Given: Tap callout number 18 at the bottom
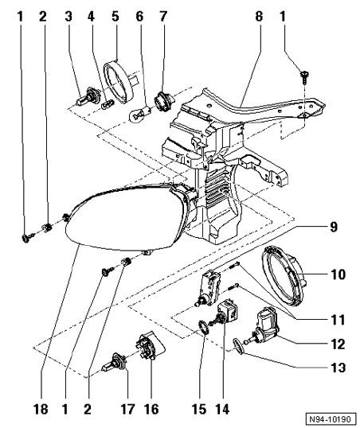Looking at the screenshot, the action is pos(41,409).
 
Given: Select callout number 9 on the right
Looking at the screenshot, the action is pos(334,227).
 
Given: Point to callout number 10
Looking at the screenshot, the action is pos(338,274).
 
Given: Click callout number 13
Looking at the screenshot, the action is pos(338,368).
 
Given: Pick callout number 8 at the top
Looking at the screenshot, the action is pos(259,16).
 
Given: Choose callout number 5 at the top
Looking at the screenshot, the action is pos(115,16).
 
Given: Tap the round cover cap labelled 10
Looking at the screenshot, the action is pos(283,276).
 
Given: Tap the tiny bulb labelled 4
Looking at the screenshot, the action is pos(108,104).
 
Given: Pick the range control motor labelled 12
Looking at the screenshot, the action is pos(263,325).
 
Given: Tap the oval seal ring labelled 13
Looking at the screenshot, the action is pos(239,346).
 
